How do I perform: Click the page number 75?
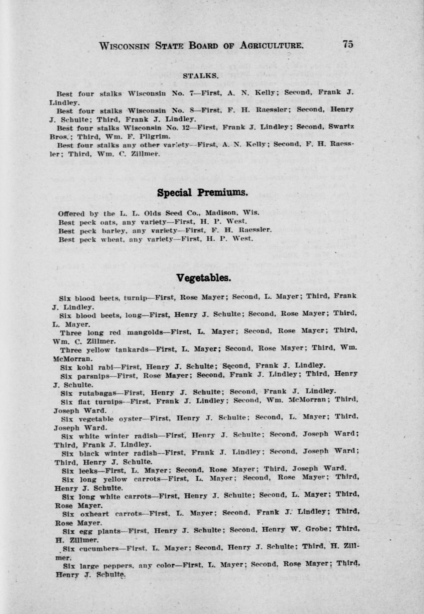pos(348,44)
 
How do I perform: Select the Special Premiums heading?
pos(202,193)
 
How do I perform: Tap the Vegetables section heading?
pos(203,278)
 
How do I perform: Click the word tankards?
pos(131,350)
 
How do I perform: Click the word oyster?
pos(133,419)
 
